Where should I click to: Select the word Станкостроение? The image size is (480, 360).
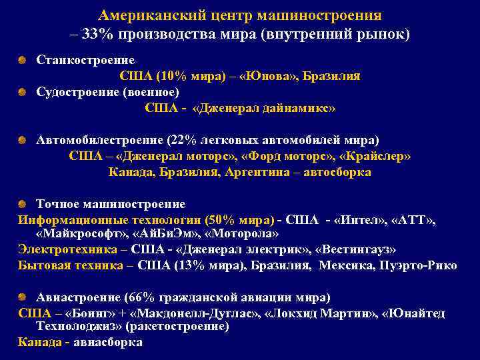click(85, 61)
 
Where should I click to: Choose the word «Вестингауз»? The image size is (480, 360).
click(358, 249)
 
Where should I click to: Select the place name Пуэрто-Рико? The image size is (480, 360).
click(424, 265)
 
